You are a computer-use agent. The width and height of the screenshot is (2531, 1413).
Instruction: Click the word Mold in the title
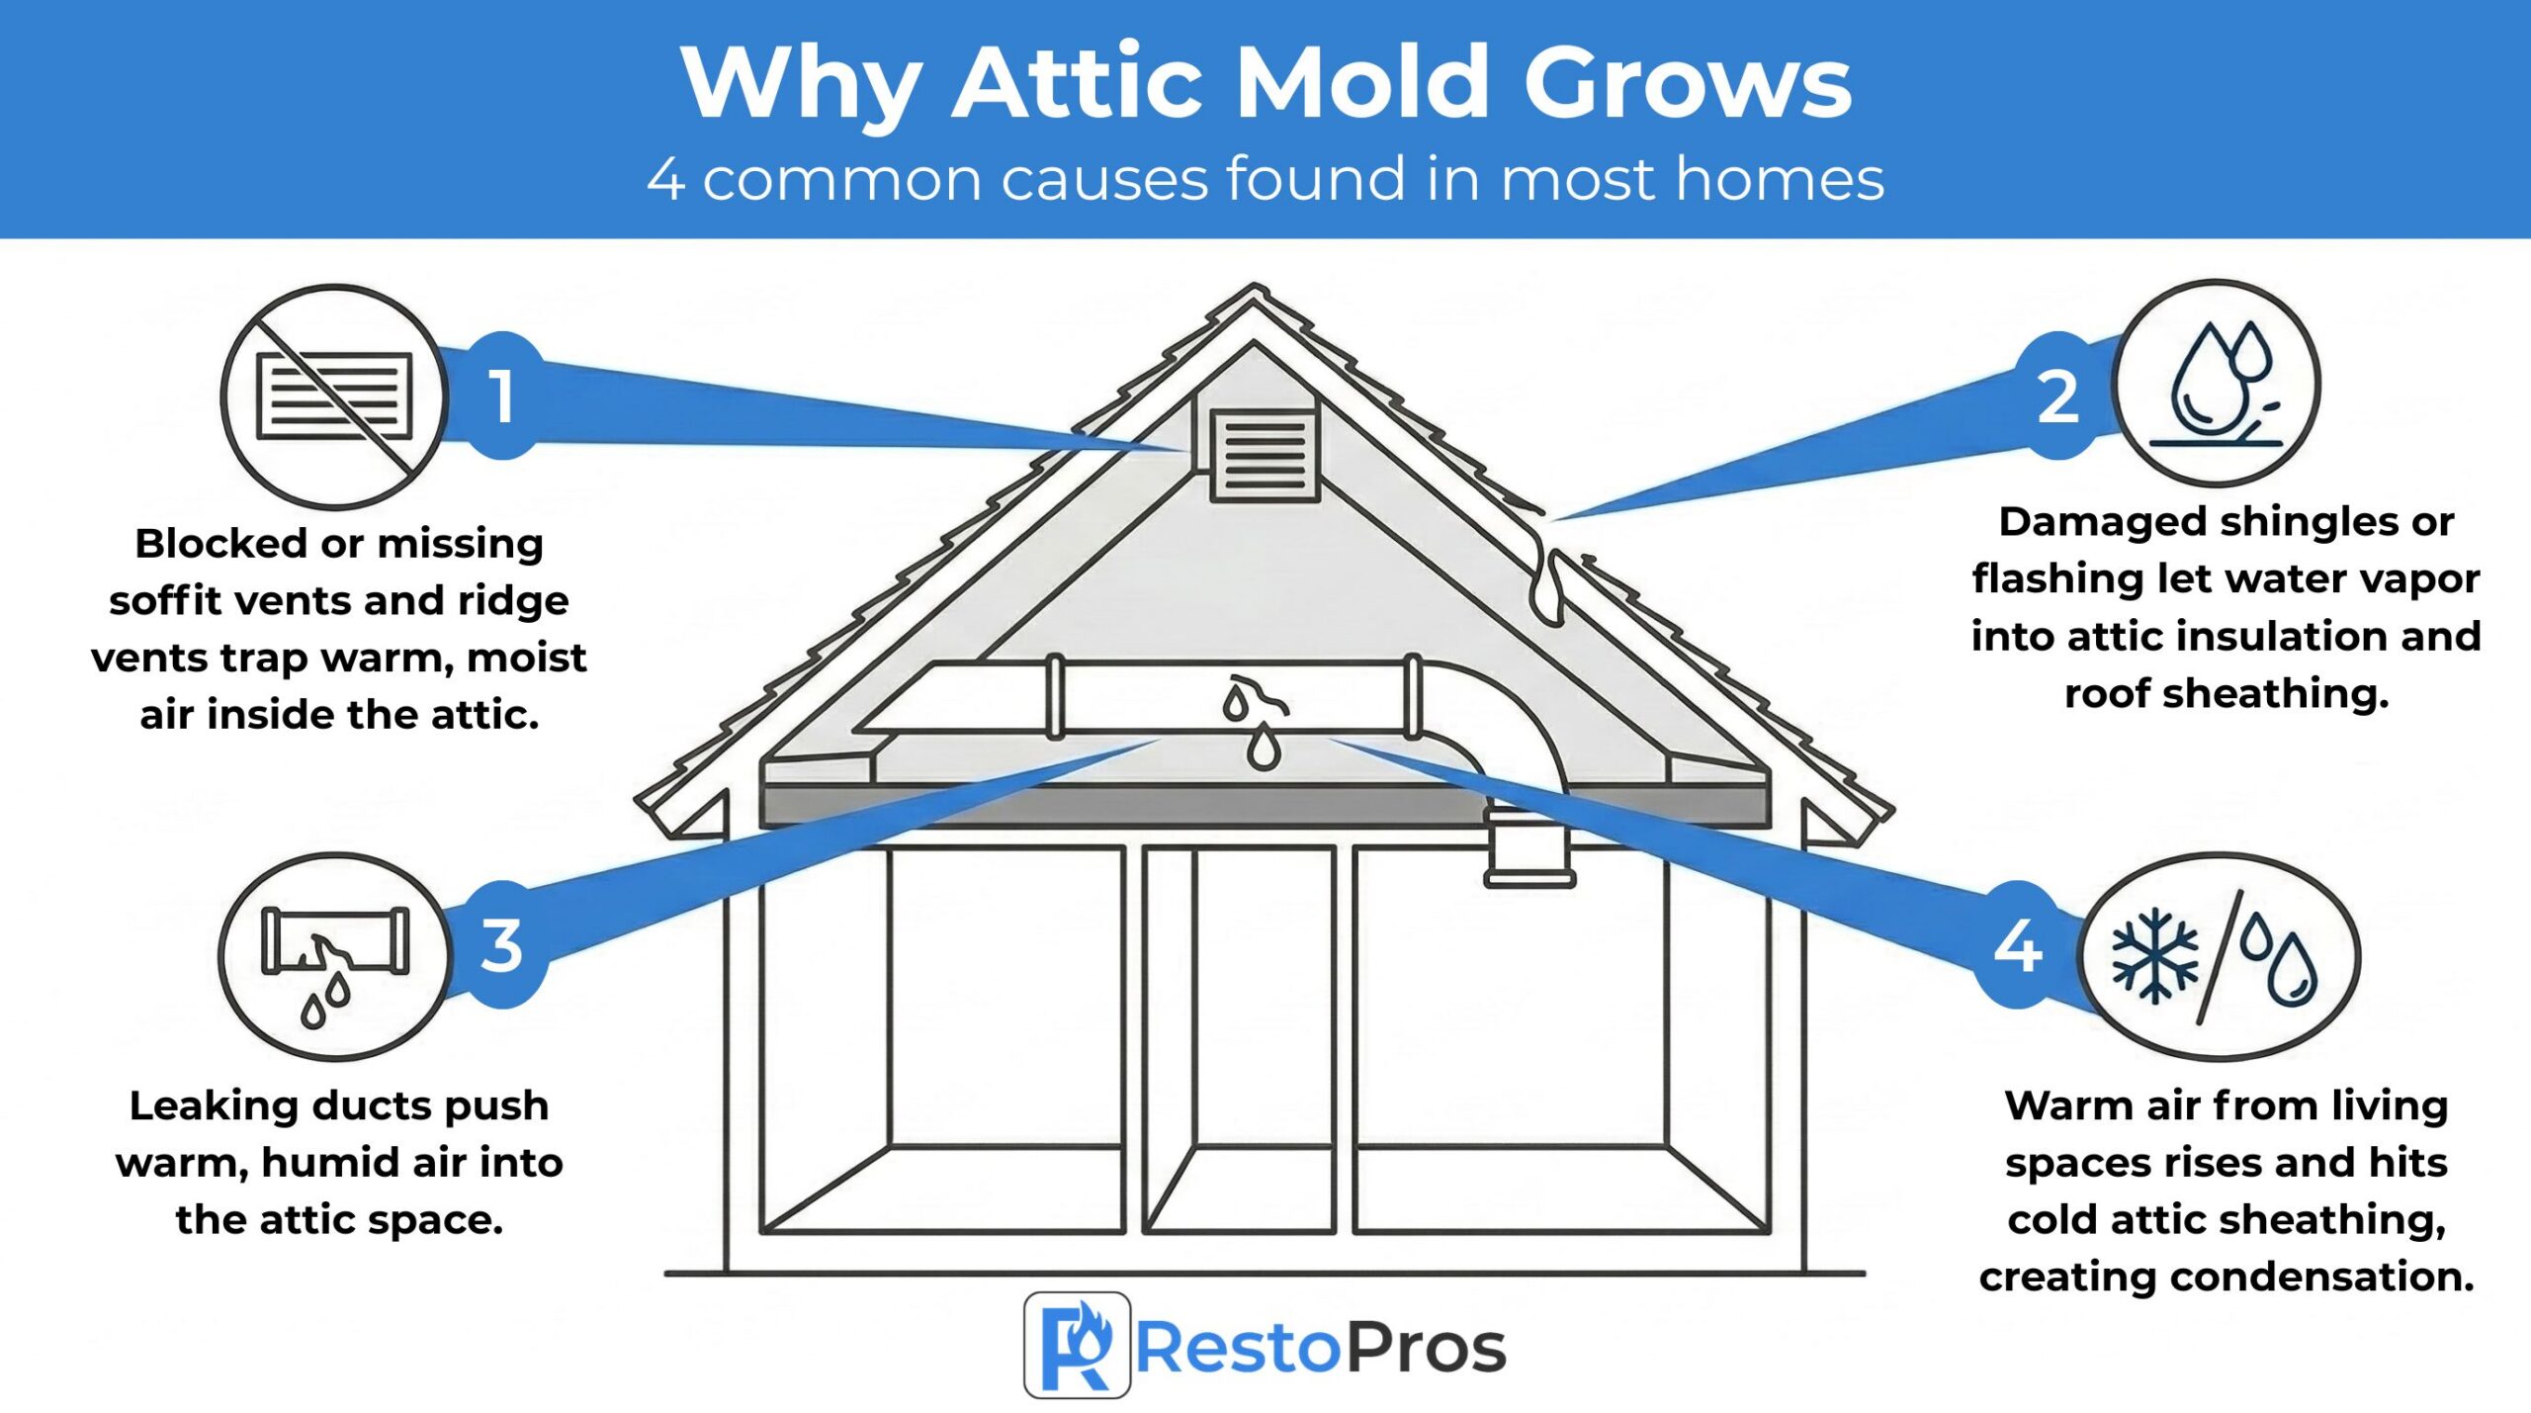pos(1363,83)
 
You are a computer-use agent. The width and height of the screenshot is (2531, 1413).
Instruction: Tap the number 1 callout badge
pos(503,396)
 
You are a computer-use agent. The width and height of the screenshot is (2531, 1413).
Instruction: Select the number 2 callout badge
pos(2058,396)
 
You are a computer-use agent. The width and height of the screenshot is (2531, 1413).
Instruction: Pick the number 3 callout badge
pos(502,944)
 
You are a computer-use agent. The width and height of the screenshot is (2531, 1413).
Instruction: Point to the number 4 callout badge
pos(2018,944)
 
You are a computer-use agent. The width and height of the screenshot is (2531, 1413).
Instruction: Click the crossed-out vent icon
pos(334,397)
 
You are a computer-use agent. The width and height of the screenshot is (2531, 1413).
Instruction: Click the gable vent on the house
pos(1265,456)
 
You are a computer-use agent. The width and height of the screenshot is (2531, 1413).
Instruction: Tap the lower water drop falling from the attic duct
pos(1264,748)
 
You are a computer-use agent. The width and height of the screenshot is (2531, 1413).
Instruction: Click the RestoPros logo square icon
pos(1077,1345)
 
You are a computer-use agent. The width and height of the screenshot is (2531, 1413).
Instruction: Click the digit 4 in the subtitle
pos(666,179)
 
